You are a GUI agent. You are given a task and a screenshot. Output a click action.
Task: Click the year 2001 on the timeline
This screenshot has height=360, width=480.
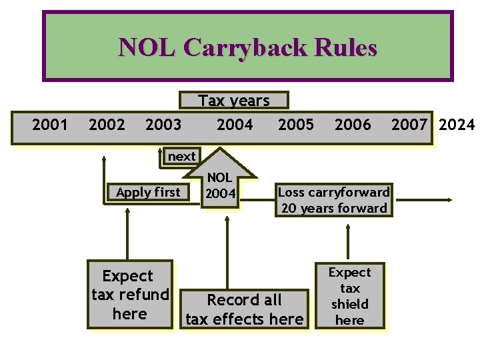coord(50,124)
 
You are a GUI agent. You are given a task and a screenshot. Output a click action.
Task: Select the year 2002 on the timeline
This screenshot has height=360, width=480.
coord(107,124)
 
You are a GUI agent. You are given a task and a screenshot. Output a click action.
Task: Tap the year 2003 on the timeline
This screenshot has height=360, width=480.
coord(163,124)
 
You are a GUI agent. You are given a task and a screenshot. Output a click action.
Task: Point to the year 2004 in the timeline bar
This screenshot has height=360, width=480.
coord(235,124)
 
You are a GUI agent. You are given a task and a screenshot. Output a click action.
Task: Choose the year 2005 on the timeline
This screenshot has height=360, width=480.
coord(295,124)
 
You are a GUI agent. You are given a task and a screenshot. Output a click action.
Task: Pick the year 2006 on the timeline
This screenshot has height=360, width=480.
coord(353,124)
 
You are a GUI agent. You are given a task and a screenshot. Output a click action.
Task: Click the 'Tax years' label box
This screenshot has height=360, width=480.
coord(234,101)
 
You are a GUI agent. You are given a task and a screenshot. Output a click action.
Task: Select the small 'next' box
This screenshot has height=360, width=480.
coord(181,157)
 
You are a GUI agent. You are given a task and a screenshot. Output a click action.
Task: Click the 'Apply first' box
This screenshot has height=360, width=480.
coord(148,192)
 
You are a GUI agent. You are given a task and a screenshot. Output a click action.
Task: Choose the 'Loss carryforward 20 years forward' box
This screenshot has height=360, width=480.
coord(333,200)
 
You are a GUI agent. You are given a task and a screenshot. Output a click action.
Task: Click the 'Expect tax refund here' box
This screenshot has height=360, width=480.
coord(130,295)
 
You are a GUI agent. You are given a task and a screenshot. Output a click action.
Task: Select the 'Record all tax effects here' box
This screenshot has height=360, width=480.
coord(244,309)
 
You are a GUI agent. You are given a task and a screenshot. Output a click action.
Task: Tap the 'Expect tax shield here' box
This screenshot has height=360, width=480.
coord(349,296)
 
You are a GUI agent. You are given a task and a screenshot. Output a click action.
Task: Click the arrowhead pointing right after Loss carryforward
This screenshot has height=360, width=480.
coord(450,199)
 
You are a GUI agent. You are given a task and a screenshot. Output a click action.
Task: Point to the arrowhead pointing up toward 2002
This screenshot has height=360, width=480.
coord(105,159)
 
